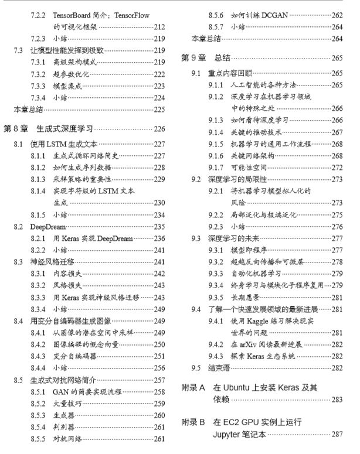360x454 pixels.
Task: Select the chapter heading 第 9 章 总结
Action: click(x=205, y=58)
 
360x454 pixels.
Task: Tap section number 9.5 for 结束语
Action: click(x=196, y=368)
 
